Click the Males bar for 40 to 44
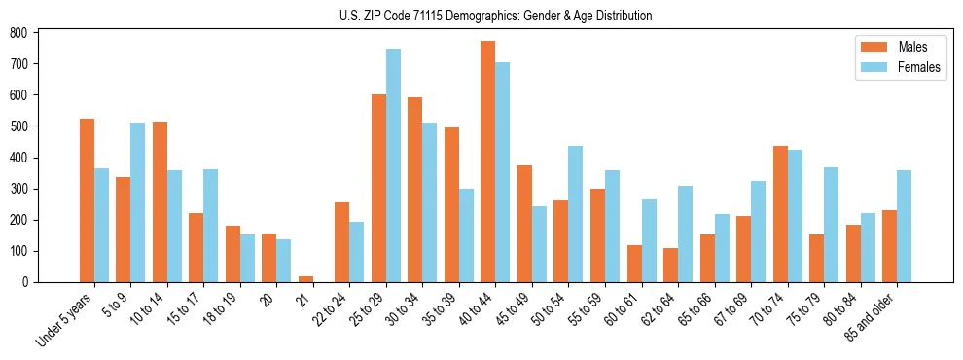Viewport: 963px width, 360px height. pyautogui.click(x=487, y=162)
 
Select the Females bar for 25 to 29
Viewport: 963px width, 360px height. pyautogui.click(x=393, y=165)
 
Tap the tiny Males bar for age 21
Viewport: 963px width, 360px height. pyautogui.click(x=305, y=279)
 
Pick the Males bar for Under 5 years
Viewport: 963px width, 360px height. pyautogui.click(x=88, y=200)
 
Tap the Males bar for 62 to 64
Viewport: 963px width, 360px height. pyautogui.click(x=670, y=265)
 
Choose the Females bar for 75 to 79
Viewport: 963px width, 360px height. pyautogui.click(x=831, y=225)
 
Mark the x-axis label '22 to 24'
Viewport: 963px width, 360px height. pyautogui.click(x=323, y=309)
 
